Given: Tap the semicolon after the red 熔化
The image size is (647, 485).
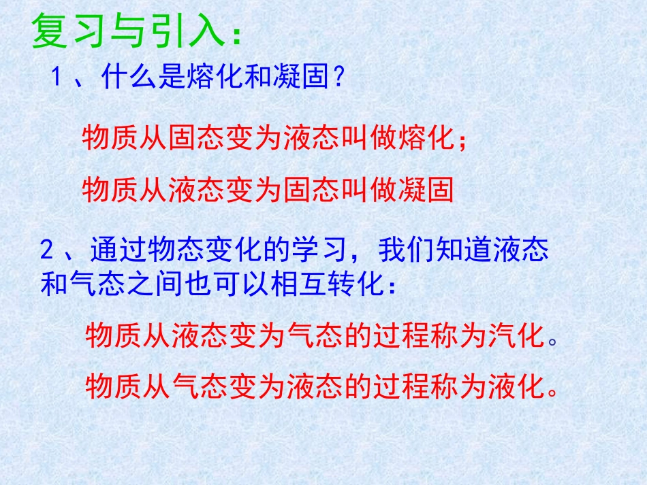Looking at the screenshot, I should point(462,140).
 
